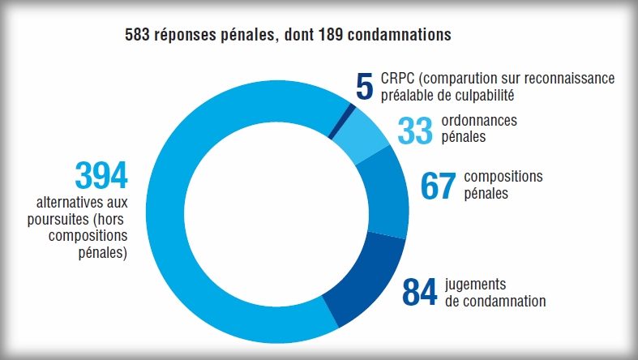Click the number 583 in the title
click(x=138, y=36)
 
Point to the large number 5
click(x=365, y=87)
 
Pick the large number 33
click(x=415, y=131)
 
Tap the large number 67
click(x=439, y=186)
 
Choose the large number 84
click(x=420, y=293)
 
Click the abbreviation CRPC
click(x=396, y=79)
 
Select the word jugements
click(x=476, y=285)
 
